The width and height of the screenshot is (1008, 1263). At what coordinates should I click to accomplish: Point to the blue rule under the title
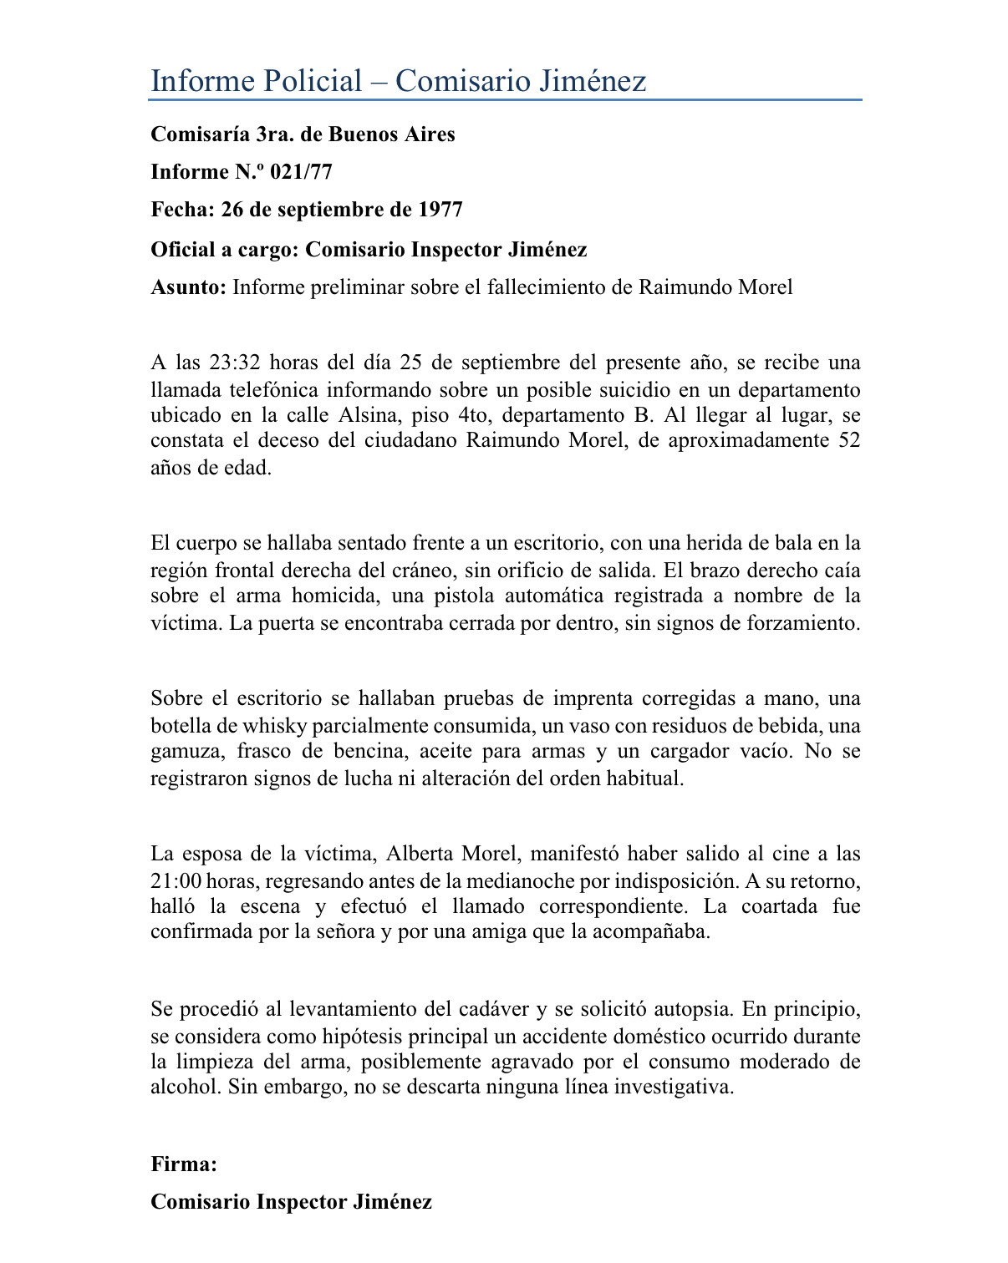coord(505,100)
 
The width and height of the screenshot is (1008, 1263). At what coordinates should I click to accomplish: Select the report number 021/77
coord(302,172)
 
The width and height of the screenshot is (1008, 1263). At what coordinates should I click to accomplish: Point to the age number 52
coord(848,441)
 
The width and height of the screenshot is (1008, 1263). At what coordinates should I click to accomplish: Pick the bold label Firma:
coord(184,1164)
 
